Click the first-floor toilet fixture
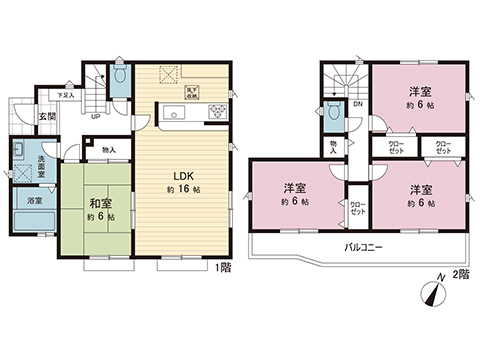119,74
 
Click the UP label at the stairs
94,115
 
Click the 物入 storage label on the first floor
109,151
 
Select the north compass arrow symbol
430,292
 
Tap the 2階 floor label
460,274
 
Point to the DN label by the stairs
356,104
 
